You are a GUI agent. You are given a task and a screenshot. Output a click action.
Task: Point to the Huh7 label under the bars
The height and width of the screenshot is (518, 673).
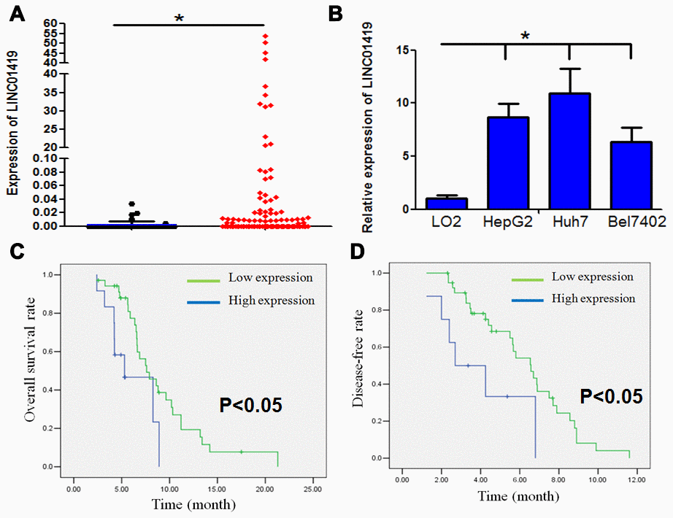pyautogui.click(x=569, y=221)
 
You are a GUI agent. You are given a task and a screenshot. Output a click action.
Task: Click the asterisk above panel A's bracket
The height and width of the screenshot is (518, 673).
pyautogui.click(x=179, y=18)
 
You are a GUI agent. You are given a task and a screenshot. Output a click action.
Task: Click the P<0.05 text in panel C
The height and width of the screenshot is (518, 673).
pyautogui.click(x=251, y=403)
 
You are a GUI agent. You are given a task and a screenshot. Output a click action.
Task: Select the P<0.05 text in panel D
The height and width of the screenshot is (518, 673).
pyautogui.click(x=611, y=396)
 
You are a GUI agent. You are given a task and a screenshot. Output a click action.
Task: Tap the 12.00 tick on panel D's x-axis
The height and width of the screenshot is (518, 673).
pyautogui.click(x=637, y=481)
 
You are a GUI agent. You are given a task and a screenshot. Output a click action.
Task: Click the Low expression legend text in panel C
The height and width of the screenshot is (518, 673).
pyautogui.click(x=270, y=278)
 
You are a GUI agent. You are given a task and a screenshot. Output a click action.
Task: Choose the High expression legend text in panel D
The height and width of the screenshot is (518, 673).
pyautogui.click(x=593, y=298)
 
